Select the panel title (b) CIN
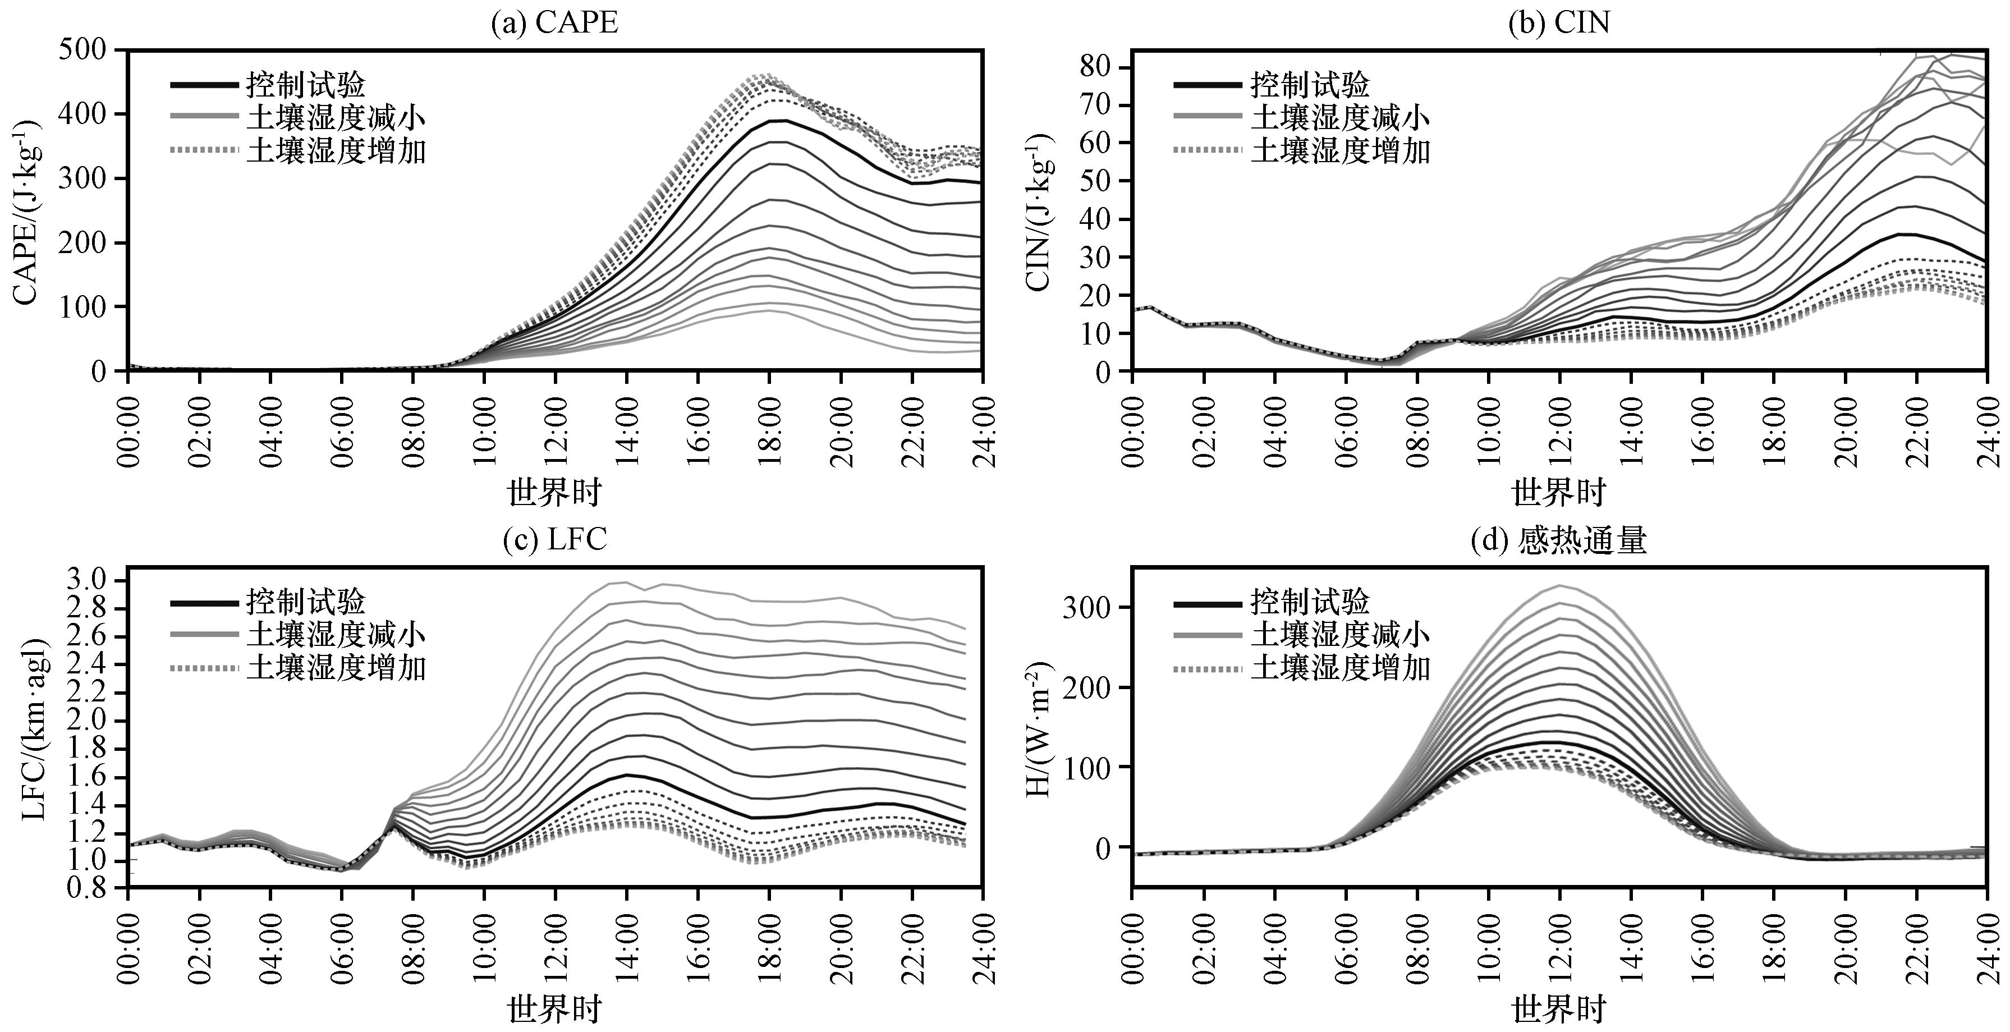(1559, 22)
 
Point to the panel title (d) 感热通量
(1558, 540)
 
